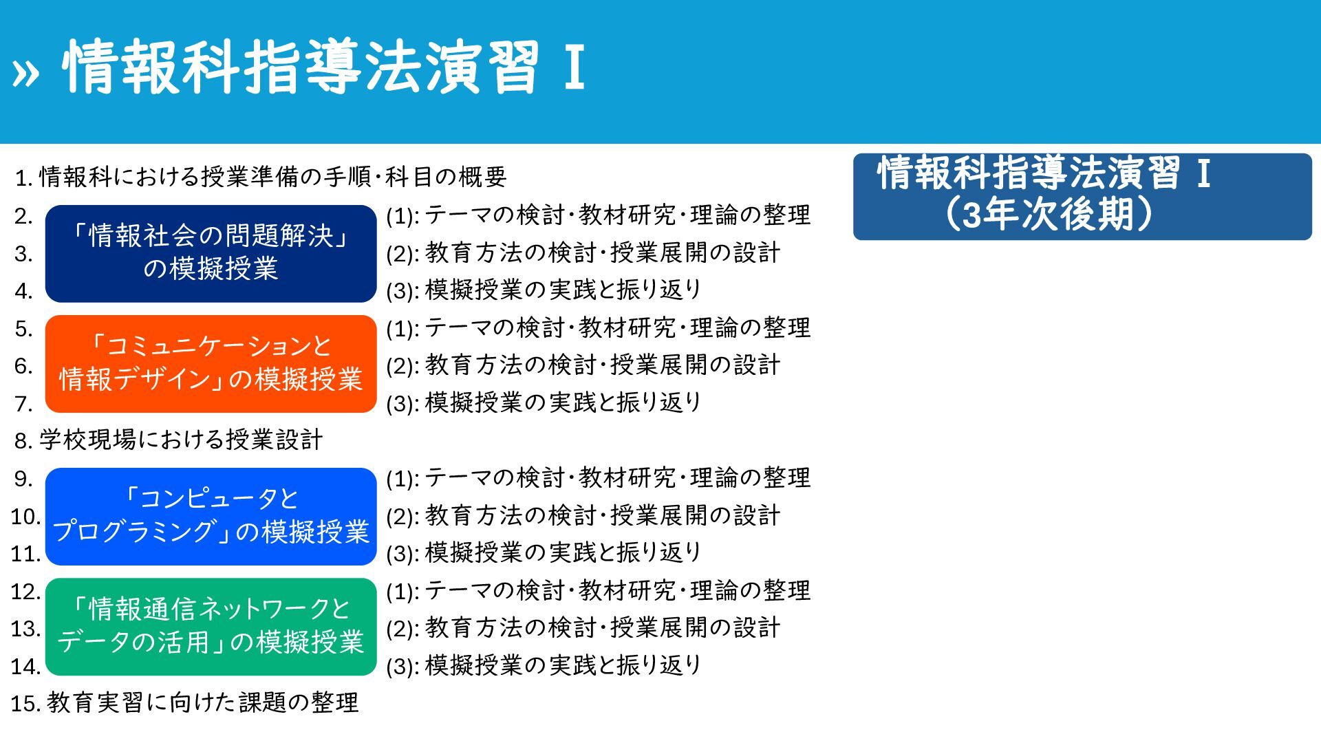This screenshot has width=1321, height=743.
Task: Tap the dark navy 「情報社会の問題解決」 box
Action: (x=211, y=254)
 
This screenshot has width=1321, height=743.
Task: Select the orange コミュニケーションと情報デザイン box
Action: (x=211, y=364)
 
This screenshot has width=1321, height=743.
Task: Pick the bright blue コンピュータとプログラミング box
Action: (x=211, y=517)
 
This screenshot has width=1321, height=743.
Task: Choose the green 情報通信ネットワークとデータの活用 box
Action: (x=211, y=627)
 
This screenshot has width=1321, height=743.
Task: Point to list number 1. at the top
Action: (x=24, y=179)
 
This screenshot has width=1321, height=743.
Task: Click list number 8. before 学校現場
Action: (x=24, y=441)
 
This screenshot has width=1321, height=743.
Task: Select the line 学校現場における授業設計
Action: (x=181, y=440)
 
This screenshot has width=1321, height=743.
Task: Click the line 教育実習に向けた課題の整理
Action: (x=203, y=702)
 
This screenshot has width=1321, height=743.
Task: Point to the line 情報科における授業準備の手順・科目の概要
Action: (x=273, y=177)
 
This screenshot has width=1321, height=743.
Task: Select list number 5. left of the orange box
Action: (x=24, y=330)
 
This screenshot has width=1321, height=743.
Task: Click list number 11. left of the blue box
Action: (x=25, y=554)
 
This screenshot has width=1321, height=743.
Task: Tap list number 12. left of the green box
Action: (x=25, y=592)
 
